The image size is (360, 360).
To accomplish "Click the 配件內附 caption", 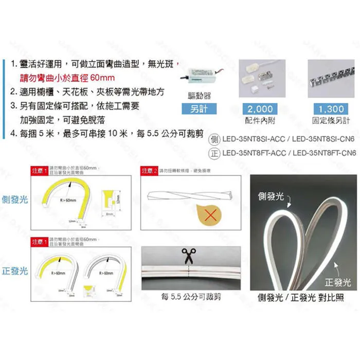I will point(260,120).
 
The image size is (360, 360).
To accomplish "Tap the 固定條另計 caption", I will point(331,120).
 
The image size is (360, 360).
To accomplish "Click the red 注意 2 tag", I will point(150,170).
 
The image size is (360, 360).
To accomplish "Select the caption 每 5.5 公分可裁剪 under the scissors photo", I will point(191,296).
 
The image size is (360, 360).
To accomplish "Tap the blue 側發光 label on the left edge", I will point(15,199).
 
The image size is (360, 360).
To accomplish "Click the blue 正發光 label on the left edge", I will point(15,271).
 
